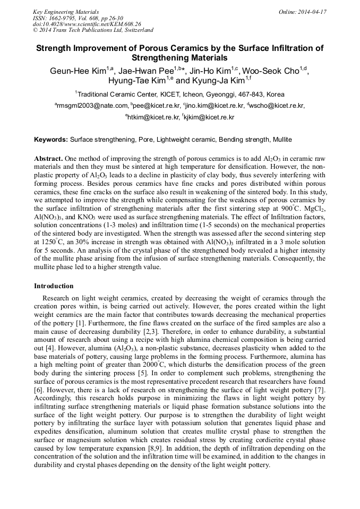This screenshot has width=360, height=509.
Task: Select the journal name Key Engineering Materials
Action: [x=66, y=11]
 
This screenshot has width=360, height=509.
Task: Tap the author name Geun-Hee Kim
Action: [x=80, y=71]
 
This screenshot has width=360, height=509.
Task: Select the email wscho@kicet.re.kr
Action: [x=279, y=106]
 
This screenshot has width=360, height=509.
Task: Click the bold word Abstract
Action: [x=49, y=159]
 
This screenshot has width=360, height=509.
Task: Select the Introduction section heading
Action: [x=54, y=286]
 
